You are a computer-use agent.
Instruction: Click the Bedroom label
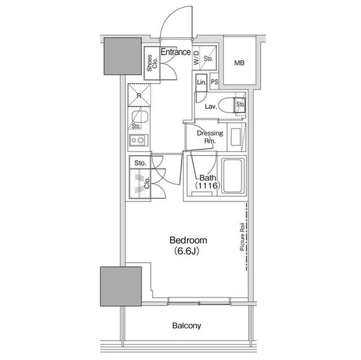coord(188,240)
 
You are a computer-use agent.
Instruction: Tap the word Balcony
coord(187,326)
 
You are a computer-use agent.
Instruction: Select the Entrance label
coord(175,52)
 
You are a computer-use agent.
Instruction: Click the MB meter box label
coord(239,63)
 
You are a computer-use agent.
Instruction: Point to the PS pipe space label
coord(214,82)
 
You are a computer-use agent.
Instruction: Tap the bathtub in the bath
coord(233,176)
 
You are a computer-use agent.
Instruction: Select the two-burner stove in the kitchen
coord(138,140)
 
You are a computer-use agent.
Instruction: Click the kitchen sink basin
coord(139,117)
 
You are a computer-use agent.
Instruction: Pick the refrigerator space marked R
coord(139,95)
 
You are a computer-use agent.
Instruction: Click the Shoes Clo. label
coord(152,63)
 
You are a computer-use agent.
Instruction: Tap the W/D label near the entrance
coord(196,57)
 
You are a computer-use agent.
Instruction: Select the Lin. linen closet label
coord(201,82)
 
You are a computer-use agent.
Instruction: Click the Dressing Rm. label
coord(210,137)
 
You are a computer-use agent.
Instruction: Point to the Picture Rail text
coord(242,237)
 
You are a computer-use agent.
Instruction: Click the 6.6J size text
coord(186,251)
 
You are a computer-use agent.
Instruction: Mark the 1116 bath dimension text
coord(206,185)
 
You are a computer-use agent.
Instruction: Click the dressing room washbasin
coord(236,137)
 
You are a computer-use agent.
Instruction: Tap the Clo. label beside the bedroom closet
coord(147,183)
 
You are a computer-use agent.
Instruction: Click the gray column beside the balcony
coord(121,286)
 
